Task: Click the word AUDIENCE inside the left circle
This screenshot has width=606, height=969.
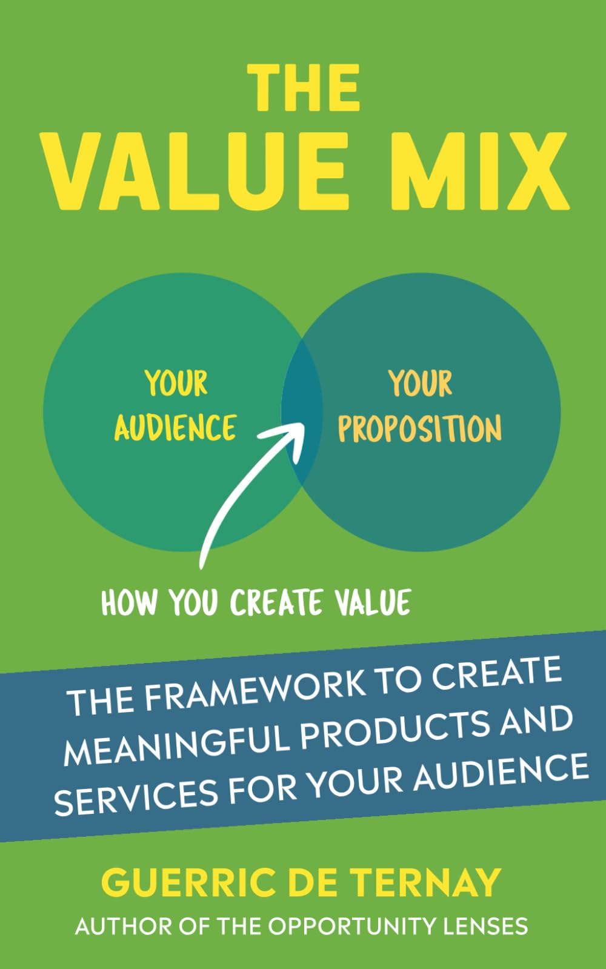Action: tap(175, 428)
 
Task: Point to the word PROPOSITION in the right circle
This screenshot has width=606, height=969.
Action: tap(419, 429)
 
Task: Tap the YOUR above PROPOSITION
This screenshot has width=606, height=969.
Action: tap(420, 384)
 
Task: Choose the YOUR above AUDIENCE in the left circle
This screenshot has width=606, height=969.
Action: tap(176, 384)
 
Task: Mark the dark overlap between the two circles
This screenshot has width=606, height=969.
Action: tap(302, 412)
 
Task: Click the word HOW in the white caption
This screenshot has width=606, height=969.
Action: tap(129, 604)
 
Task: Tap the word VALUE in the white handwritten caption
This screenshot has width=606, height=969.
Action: tap(373, 602)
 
